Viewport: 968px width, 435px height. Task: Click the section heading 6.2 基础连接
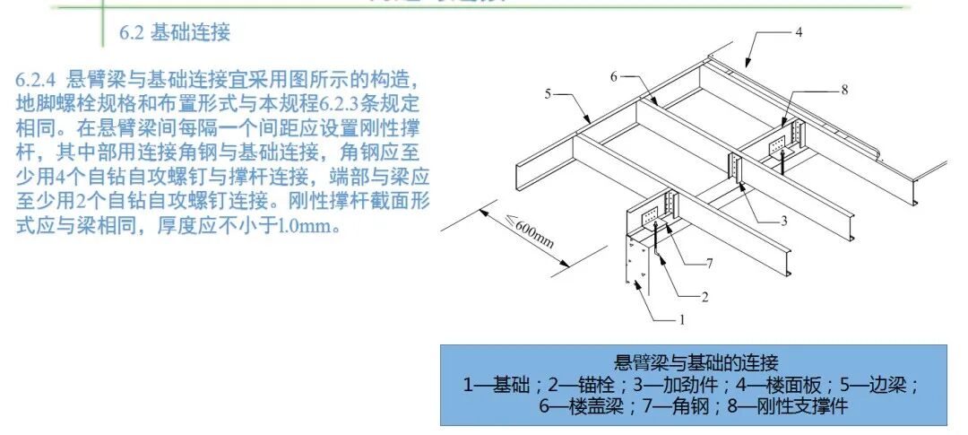click(x=175, y=34)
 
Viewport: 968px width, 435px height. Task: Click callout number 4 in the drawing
click(x=798, y=32)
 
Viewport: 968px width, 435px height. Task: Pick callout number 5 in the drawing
click(x=547, y=92)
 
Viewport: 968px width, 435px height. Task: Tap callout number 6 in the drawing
click(x=614, y=77)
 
